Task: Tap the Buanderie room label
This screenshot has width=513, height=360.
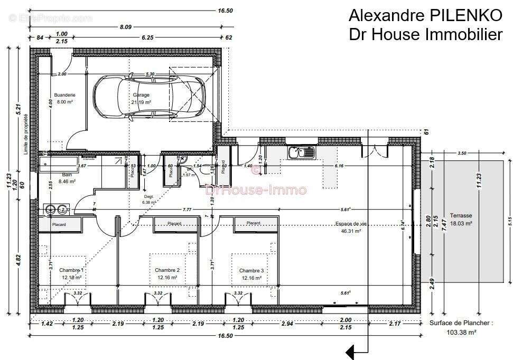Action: tap(64, 95)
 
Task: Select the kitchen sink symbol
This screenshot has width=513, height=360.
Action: tap(302, 153)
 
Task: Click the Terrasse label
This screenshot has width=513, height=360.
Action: tap(461, 215)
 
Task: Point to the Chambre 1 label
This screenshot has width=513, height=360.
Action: tap(71, 270)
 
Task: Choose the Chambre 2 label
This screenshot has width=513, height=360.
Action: tap(167, 270)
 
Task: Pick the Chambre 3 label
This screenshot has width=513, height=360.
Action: tap(251, 270)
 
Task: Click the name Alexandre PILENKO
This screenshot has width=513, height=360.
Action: tap(425, 15)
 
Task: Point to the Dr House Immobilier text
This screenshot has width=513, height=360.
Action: tap(425, 34)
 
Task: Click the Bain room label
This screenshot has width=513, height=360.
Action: tap(67, 174)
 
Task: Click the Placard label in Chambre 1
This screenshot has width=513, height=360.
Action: tap(59, 224)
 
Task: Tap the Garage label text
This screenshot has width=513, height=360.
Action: tap(141, 95)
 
